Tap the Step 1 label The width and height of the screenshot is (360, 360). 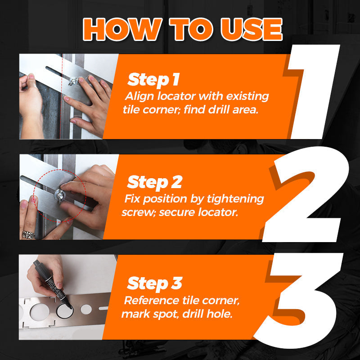coord(153,80)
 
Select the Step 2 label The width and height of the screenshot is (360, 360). coord(154,182)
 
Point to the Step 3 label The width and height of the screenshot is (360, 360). coord(154,283)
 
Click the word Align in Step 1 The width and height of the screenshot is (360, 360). coord(138,96)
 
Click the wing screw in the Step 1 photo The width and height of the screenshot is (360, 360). coord(73,81)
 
